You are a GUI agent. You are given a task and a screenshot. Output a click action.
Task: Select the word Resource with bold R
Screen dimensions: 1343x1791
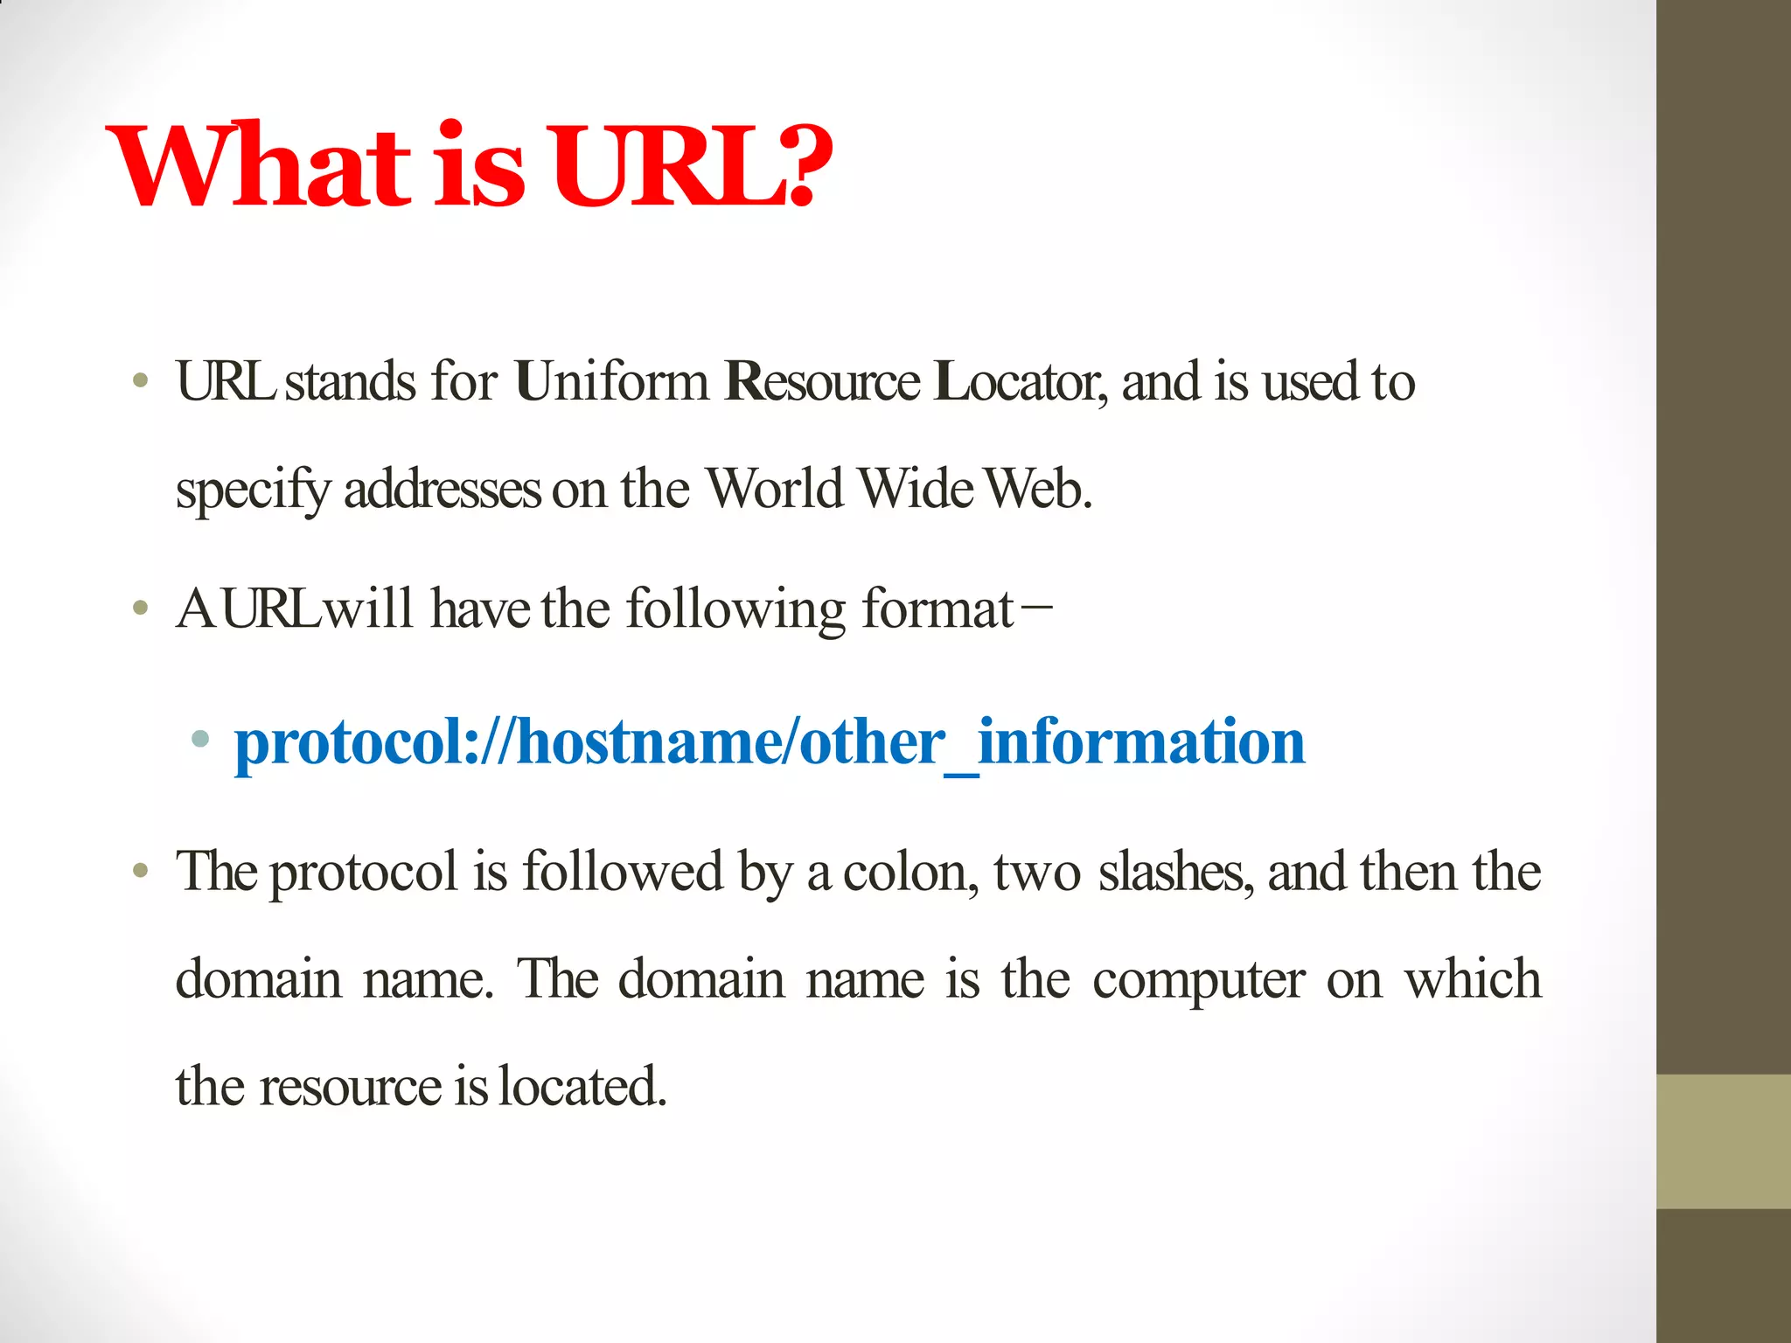(x=822, y=382)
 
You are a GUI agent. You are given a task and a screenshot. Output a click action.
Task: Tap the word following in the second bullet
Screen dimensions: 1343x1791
(x=735, y=610)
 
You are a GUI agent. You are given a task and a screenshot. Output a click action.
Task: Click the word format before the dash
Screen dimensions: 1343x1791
(x=937, y=609)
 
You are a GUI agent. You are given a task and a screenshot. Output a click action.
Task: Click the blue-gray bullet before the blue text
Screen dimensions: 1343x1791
(x=200, y=740)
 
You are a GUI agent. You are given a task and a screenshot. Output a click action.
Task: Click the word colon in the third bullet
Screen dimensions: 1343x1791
(x=909, y=873)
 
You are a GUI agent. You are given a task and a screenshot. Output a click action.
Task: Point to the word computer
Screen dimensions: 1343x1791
(x=1198, y=980)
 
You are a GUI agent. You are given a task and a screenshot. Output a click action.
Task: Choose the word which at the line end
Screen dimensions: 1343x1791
(x=1473, y=978)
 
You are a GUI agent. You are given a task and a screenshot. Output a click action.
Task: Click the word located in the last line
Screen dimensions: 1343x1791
(x=582, y=1087)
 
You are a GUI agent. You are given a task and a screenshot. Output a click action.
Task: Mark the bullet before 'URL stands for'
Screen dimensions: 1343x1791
(x=141, y=381)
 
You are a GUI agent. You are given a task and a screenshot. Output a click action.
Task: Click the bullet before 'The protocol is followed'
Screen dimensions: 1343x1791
(x=141, y=871)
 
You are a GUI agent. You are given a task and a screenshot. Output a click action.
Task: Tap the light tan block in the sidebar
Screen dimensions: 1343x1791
(x=1723, y=1141)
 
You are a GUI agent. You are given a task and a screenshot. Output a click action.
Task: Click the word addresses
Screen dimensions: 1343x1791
(x=443, y=489)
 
